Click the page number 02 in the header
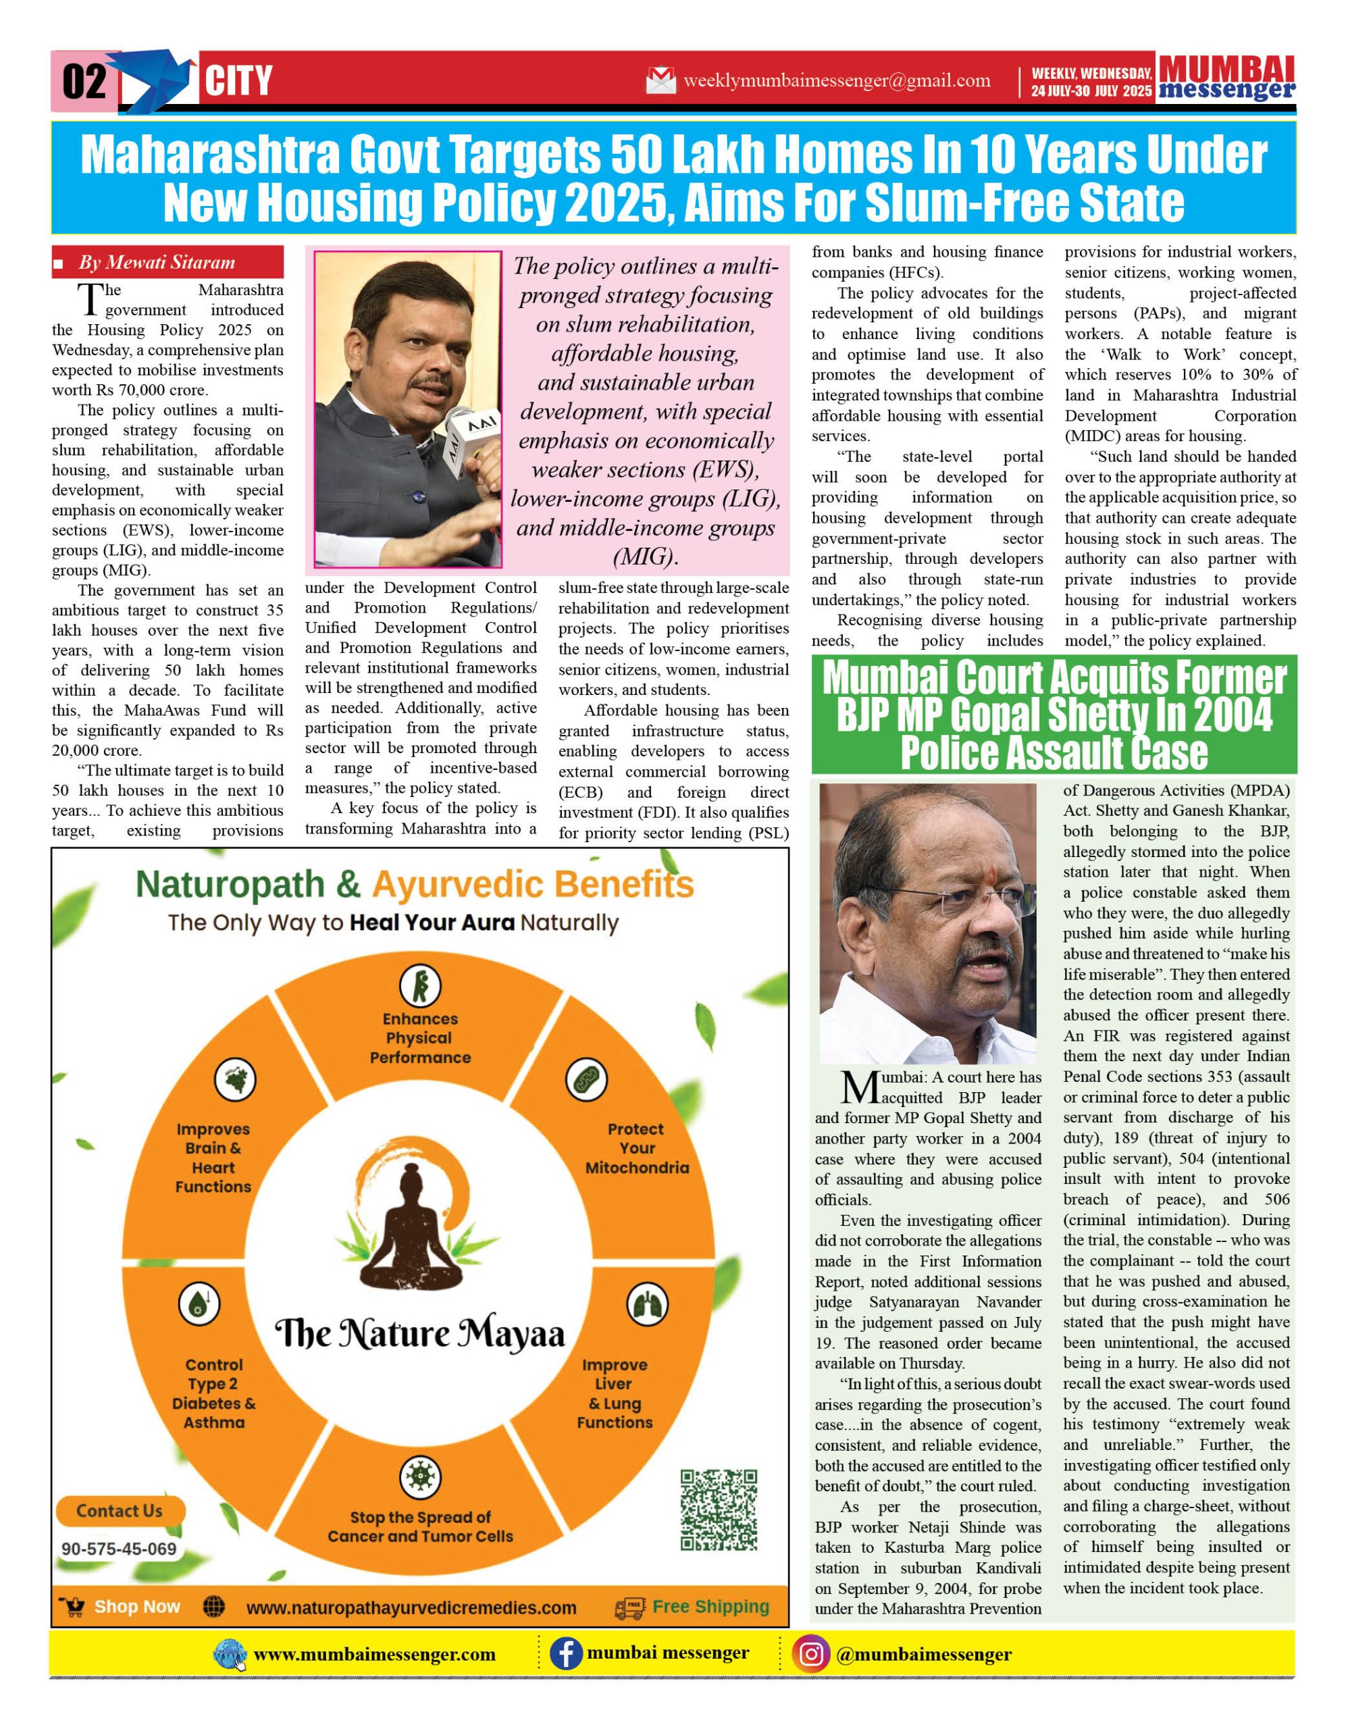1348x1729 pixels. click(84, 81)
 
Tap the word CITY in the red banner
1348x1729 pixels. click(238, 81)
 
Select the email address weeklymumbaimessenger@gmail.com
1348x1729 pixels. click(836, 81)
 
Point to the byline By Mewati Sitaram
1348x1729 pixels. click(156, 262)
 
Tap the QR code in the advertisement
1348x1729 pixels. click(719, 1509)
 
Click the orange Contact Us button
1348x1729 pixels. click(120, 1510)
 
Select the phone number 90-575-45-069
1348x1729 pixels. click(119, 1549)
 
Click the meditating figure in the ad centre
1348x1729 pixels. click(419, 1229)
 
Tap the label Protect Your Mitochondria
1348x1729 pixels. click(636, 1148)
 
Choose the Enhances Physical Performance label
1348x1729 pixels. click(419, 1038)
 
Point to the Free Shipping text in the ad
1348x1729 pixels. click(710, 1606)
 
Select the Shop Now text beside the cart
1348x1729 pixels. click(137, 1606)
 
